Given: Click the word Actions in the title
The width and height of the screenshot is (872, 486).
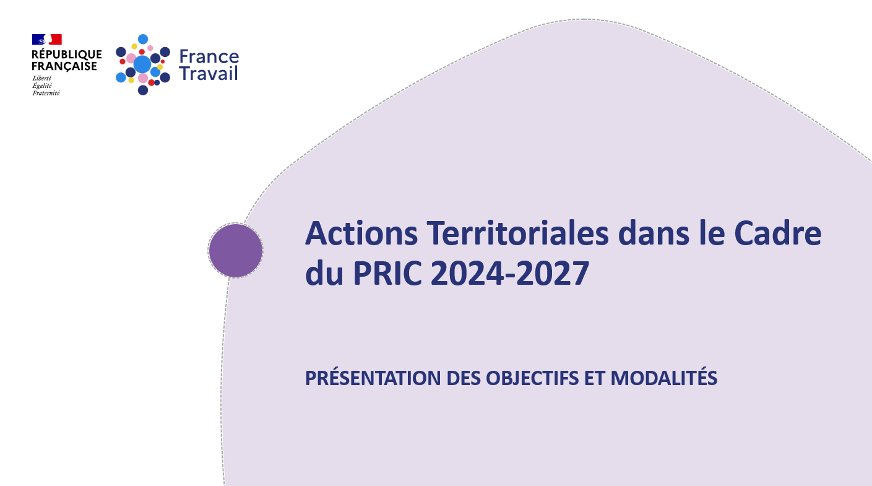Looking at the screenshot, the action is (361, 233).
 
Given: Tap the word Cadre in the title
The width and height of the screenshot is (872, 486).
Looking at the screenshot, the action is (778, 233).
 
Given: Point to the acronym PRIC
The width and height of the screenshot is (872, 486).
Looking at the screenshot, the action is (387, 274).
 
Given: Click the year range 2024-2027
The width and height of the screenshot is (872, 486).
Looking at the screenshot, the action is (510, 274).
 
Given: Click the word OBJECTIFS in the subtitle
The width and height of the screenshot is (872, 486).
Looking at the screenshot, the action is (532, 378).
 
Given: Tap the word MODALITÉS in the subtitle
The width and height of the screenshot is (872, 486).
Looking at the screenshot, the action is (663, 378).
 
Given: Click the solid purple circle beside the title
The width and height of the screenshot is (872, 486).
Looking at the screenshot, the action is (236, 251).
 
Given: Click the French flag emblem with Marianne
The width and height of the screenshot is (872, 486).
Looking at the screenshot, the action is (46, 40).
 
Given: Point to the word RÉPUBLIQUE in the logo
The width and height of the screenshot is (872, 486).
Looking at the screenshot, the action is (67, 54).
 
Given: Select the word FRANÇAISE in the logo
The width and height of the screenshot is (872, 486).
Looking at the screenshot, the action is (64, 66).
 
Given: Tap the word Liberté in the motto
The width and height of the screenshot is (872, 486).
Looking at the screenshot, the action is (41, 78).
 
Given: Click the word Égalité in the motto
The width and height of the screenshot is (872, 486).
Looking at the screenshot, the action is (42, 85).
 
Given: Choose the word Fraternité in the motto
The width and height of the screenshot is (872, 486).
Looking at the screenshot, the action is (46, 93).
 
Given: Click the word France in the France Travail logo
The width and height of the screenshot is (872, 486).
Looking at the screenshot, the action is (209, 57).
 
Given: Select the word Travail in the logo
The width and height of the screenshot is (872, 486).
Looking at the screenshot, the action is (209, 73).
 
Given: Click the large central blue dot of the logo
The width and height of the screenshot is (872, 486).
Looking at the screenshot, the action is (142, 64).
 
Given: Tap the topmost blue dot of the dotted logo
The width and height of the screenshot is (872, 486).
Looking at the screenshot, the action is (143, 39).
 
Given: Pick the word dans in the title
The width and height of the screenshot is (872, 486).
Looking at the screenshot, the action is (654, 233).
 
